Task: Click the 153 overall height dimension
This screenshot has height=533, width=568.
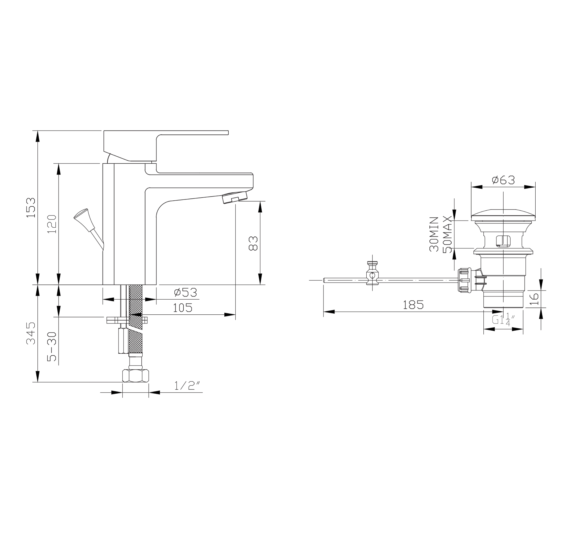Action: pos(31,208)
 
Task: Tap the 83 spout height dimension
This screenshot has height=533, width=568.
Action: pos(253,243)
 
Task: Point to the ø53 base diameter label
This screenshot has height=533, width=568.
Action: pos(186,293)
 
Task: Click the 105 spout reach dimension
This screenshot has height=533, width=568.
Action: pos(183,308)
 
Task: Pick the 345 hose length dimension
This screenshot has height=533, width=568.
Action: pos(31,333)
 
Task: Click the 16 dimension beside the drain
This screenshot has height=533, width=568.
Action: pos(534,299)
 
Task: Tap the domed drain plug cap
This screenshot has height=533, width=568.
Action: pos(503,215)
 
